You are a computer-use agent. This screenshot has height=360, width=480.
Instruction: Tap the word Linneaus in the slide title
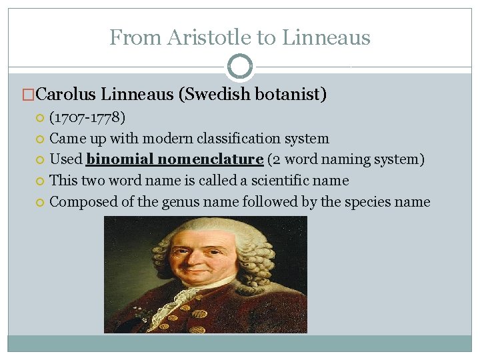coord(326,37)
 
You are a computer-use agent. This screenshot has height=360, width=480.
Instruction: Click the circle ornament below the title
coord(240,67)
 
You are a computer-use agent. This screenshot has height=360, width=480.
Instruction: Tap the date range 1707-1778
coord(87,118)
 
